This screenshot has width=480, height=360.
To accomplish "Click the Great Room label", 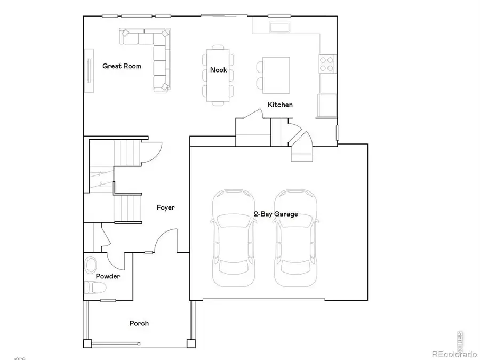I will pyautogui.click(x=122, y=66).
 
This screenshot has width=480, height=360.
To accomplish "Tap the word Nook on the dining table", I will pyautogui.click(x=218, y=70).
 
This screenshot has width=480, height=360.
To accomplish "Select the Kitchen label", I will pyautogui.click(x=280, y=105).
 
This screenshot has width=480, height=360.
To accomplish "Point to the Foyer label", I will pyautogui.click(x=165, y=207).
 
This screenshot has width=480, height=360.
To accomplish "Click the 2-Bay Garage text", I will pyautogui.click(x=276, y=214).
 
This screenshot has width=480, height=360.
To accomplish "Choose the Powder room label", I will pyautogui.click(x=108, y=276).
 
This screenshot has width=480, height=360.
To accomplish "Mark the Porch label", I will pyautogui.click(x=139, y=323).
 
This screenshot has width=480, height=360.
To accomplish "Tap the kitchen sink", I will pyautogui.click(x=281, y=27).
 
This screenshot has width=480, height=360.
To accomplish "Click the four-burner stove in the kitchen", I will pyautogui.click(x=326, y=64).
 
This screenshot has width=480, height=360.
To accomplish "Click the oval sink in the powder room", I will pyautogui.click(x=91, y=265).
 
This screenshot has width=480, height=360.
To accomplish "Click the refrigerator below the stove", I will pyautogui.click(x=327, y=105).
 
